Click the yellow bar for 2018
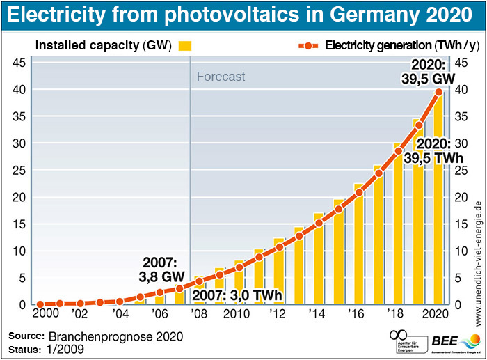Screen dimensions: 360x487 coord(397,230)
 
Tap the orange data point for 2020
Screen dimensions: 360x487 coord(438,91)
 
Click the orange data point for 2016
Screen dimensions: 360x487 coord(359,193)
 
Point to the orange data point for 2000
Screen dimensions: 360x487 coord(40,304)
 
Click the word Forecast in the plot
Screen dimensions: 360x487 coord(221,77)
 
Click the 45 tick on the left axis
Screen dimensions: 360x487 coord(20,63)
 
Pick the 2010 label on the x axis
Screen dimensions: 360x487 coord(237,314)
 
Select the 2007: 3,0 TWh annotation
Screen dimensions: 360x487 coord(239,295)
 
